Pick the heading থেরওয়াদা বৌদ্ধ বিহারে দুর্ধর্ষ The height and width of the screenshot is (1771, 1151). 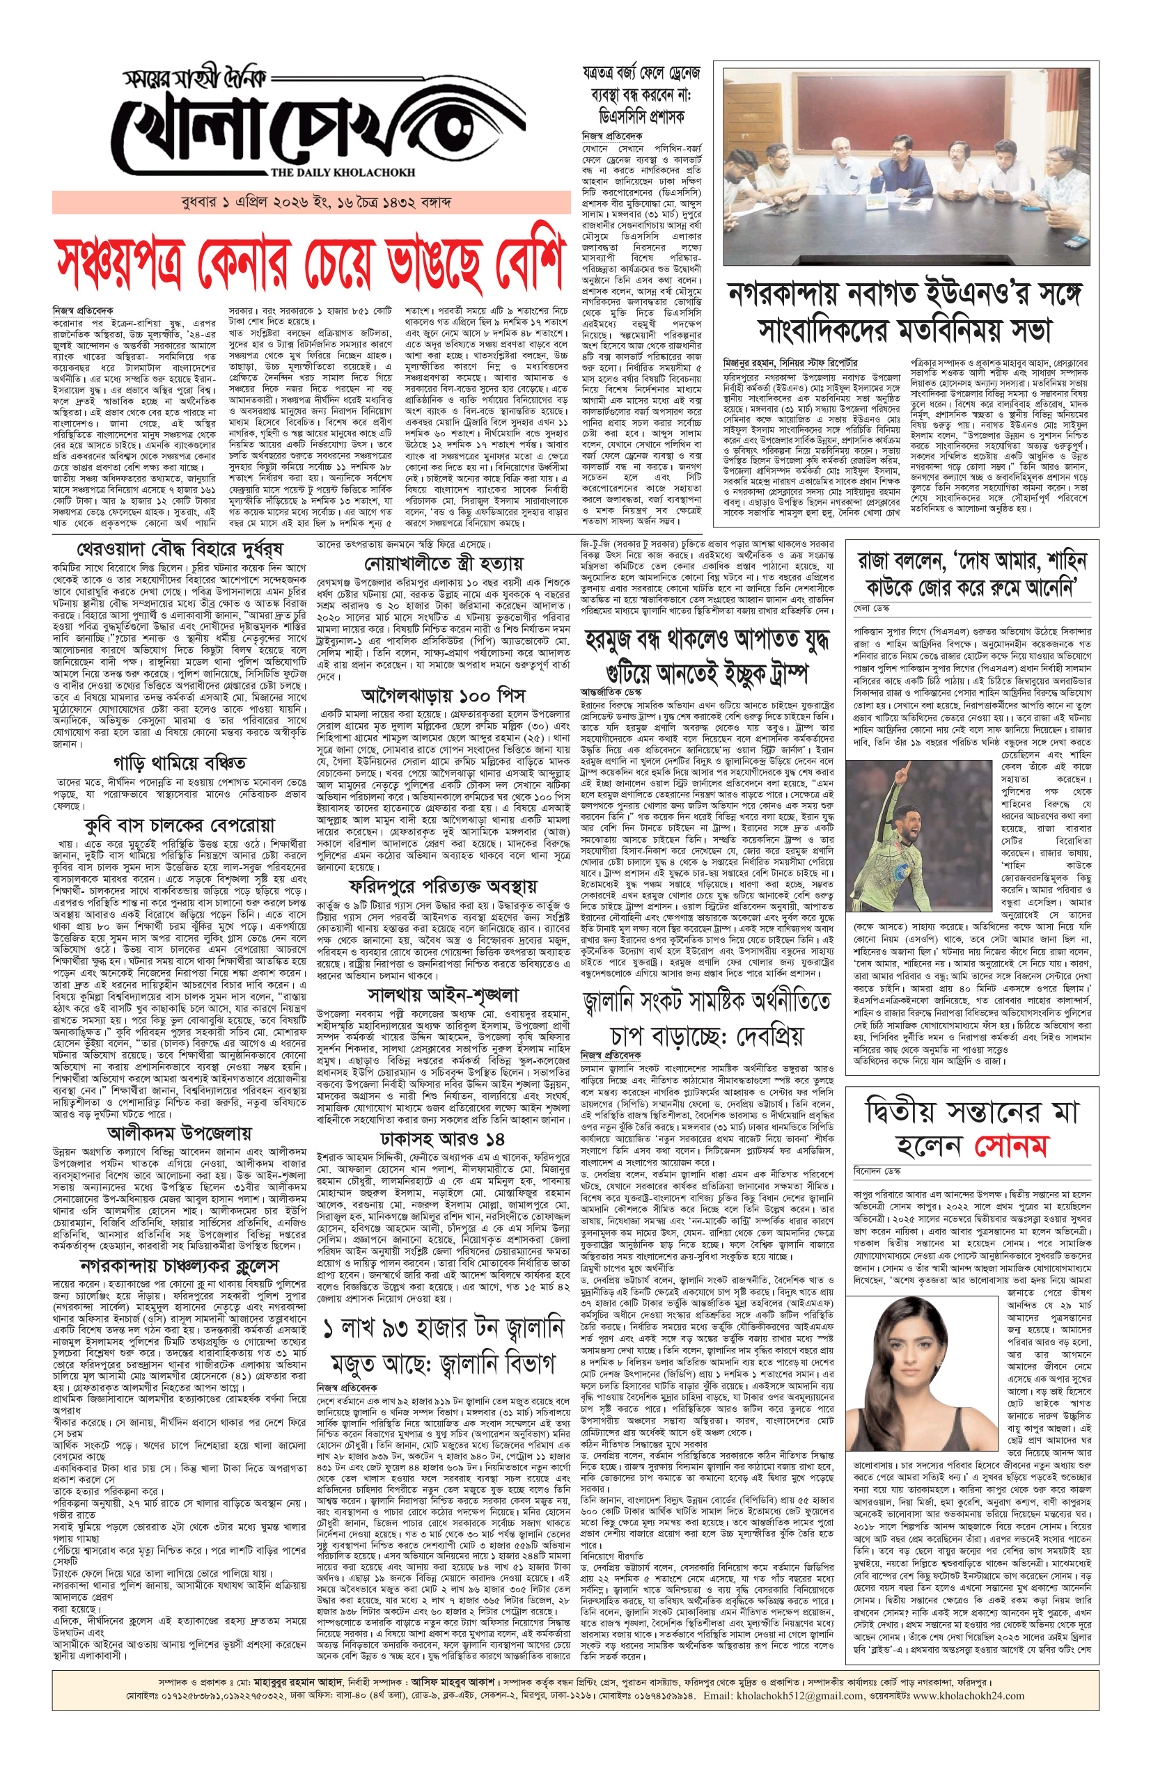click(169, 549)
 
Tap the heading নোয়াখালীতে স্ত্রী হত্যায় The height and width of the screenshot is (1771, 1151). click(443, 563)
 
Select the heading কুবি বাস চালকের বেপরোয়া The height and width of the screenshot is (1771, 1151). click(180, 825)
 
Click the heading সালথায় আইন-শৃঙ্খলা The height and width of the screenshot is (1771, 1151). click(443, 994)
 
